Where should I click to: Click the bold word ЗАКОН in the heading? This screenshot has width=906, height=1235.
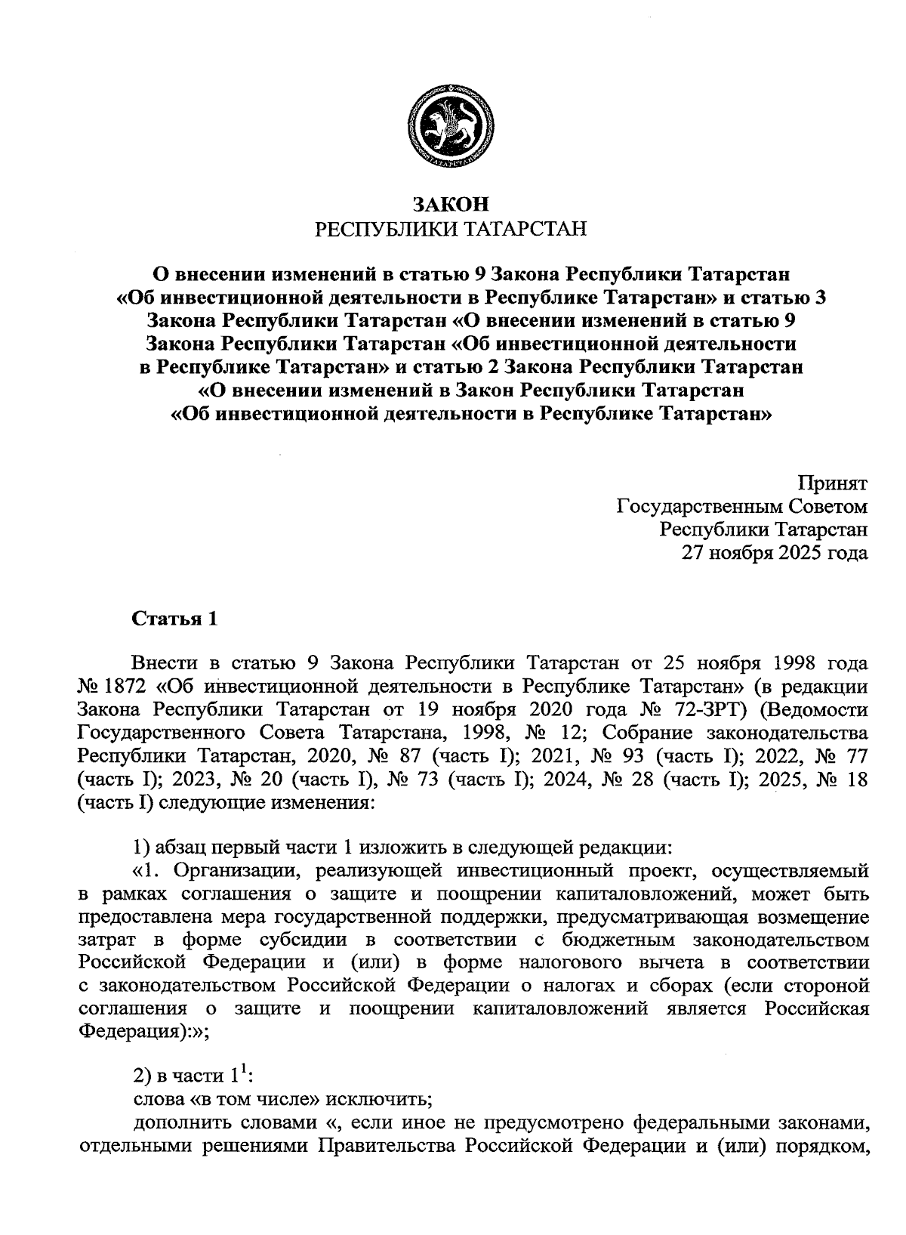tap(451, 204)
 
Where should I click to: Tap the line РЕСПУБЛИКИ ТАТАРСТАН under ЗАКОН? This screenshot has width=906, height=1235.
tap(451, 229)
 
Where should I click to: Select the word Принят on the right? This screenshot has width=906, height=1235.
tap(833, 483)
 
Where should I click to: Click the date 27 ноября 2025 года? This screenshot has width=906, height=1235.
tap(775, 552)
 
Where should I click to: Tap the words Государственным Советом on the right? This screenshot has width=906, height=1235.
tap(742, 506)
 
